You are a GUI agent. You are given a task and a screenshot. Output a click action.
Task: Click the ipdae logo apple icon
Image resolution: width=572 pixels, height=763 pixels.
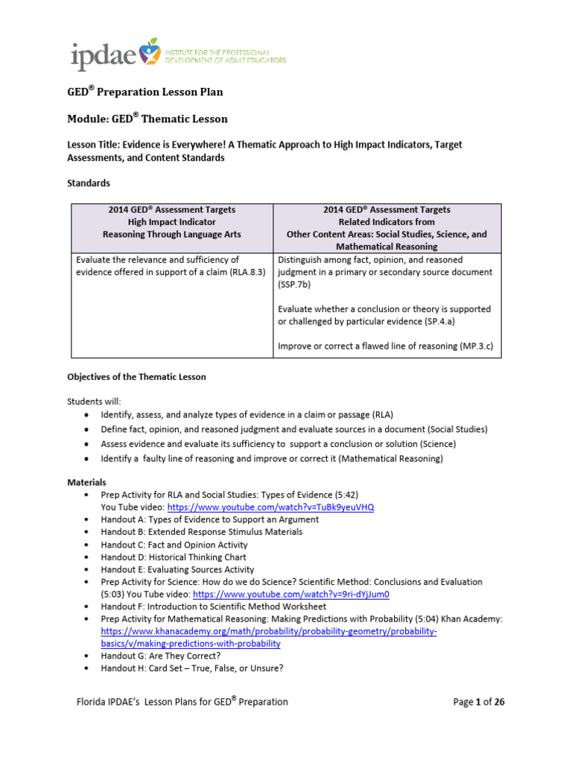pos(152,48)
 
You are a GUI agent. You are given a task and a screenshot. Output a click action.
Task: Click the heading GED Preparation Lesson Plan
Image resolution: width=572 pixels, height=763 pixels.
pos(145,92)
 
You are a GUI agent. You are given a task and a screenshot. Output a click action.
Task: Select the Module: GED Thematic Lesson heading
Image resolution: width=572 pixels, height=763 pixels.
pos(147,118)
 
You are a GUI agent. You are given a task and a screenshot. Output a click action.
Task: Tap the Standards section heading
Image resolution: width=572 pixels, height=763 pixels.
pos(89,183)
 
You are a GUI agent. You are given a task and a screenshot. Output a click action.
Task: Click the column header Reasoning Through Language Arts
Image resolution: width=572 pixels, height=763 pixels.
pos(171,234)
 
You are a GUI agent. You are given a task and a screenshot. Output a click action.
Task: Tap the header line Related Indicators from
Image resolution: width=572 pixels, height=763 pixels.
pos(386,222)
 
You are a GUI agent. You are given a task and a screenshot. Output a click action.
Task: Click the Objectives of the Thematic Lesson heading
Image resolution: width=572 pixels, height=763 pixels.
pos(136,377)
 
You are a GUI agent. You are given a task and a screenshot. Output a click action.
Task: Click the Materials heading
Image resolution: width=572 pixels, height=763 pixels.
pos(87,482)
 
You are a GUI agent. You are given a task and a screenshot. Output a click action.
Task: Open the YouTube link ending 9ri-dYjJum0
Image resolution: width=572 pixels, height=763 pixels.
pos(291,595)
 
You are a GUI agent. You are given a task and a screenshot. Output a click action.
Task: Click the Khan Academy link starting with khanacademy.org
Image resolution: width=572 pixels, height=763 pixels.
pos(268,631)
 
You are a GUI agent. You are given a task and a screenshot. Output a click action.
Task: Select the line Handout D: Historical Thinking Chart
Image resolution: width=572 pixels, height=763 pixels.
pos(173,557)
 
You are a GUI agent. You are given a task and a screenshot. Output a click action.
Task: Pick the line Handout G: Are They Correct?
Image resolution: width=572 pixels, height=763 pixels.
pos(160,656)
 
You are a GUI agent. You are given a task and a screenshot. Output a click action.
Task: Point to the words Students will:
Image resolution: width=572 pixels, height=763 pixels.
pos(93,401)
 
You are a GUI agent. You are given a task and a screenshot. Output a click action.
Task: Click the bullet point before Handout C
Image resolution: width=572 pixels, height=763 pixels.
pos(86,545)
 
